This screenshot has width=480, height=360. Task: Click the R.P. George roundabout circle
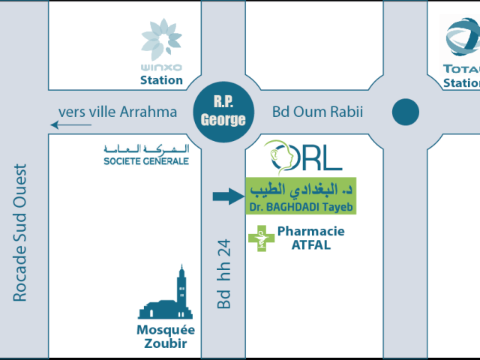pos(223,112)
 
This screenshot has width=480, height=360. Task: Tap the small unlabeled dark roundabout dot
pos(406,112)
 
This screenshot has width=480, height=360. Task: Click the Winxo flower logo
pos(161,39)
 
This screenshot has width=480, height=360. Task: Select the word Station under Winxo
pos(161,80)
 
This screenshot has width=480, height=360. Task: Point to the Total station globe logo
pos(463,37)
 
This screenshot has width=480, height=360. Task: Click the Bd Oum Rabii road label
pos(317,112)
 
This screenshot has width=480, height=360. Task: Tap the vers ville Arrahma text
pos(118,112)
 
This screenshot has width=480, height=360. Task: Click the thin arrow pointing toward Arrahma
pos(71,125)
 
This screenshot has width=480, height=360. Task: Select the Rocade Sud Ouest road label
pos(20,232)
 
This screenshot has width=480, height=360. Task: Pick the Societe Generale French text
pos(146,161)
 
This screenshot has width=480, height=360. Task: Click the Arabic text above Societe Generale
pos(146,149)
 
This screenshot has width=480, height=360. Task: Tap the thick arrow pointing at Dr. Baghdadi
pos(229,196)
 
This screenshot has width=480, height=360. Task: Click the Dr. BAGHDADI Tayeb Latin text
pos(301,207)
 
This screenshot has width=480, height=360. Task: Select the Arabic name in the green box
pos(301,190)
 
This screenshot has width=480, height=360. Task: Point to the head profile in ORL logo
pos(278,157)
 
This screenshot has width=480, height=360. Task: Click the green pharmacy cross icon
pos(262,238)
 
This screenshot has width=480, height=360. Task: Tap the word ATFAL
pos(311,245)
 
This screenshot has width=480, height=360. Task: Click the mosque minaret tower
pos(181,291)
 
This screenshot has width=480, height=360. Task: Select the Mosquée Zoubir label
pos(166,337)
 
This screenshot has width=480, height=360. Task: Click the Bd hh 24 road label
pos(223,274)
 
